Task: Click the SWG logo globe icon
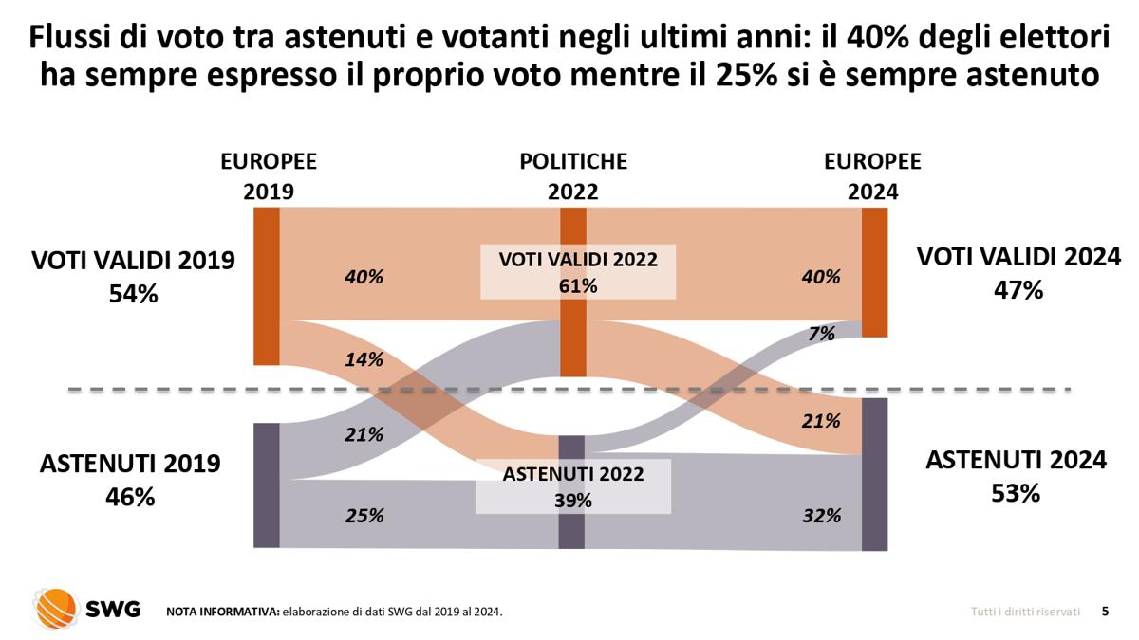tap(55, 608)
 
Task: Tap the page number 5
tap(1104, 612)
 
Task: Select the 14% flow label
tap(364, 359)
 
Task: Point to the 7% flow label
tap(822, 334)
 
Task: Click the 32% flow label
tap(821, 516)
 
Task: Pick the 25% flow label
tap(364, 516)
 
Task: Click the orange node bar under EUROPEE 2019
tap(267, 285)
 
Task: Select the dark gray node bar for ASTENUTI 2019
tap(267, 485)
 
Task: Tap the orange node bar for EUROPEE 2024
tap(874, 272)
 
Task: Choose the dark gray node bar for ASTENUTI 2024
tap(874, 474)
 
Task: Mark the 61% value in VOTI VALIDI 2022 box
tap(577, 285)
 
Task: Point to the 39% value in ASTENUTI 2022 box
tap(572, 501)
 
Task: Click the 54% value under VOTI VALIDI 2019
tap(133, 294)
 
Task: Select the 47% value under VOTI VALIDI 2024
tap(1018, 290)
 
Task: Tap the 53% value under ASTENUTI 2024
tap(1016, 494)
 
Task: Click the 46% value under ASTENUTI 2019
tap(130, 497)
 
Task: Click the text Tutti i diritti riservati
tap(1025, 613)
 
